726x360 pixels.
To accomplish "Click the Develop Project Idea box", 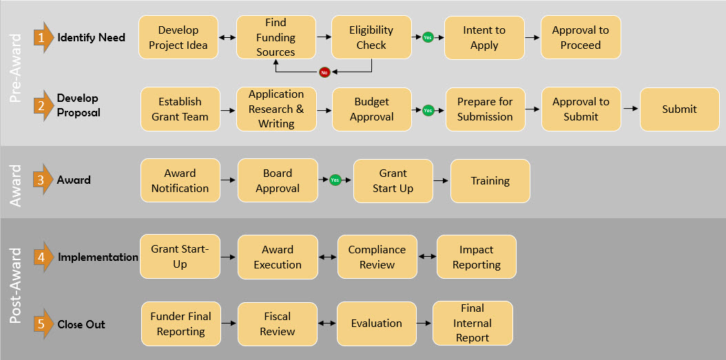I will (178, 37).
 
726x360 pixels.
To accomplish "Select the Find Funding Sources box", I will (276, 37).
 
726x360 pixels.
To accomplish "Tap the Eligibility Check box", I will (371, 37).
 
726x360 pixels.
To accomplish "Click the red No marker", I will (324, 72).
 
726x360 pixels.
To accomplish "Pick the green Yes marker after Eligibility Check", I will (428, 37).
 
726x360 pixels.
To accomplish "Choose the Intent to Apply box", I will (484, 37).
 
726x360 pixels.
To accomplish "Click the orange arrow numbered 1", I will (43, 38).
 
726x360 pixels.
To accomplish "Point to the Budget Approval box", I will (372, 109).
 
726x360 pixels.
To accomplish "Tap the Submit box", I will (679, 109).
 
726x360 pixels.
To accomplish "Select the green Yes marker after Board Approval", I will (335, 180).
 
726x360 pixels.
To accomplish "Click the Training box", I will (490, 181).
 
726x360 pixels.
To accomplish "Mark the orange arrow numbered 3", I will (43, 180).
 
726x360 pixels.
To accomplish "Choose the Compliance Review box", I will (377, 257).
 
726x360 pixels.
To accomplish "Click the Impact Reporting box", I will (476, 257).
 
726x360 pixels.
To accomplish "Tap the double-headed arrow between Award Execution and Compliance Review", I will (327, 257).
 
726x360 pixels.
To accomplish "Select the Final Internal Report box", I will (473, 323).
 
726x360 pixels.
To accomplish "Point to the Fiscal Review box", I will (278, 324).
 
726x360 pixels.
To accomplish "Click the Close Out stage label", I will (81, 324).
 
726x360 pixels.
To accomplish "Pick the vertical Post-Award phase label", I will (18, 286).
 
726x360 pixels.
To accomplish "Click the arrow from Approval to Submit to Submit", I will (630, 109).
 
